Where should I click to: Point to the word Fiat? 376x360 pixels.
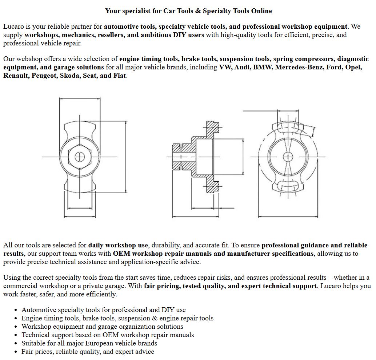click(119, 76)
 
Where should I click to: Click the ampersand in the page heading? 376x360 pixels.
click(198, 11)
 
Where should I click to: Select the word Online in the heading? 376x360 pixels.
click(261, 11)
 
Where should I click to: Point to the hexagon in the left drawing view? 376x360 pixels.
click(80, 157)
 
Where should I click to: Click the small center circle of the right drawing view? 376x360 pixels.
click(288, 157)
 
